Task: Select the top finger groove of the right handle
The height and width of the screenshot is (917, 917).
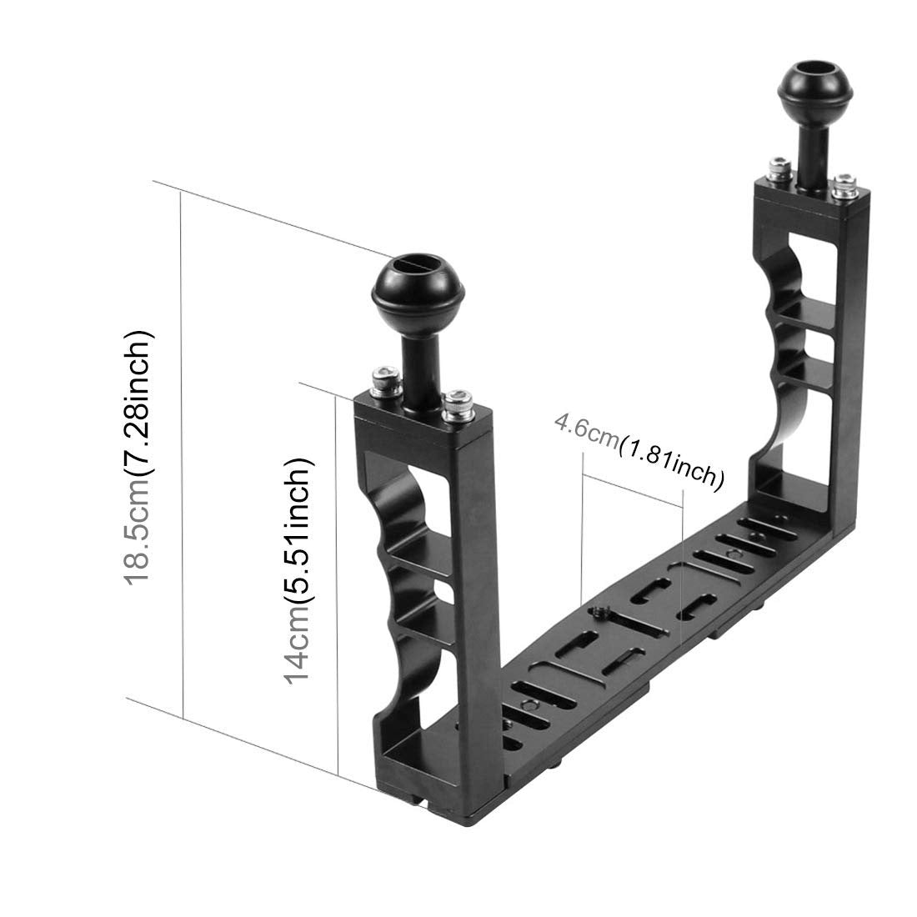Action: tap(784, 267)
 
